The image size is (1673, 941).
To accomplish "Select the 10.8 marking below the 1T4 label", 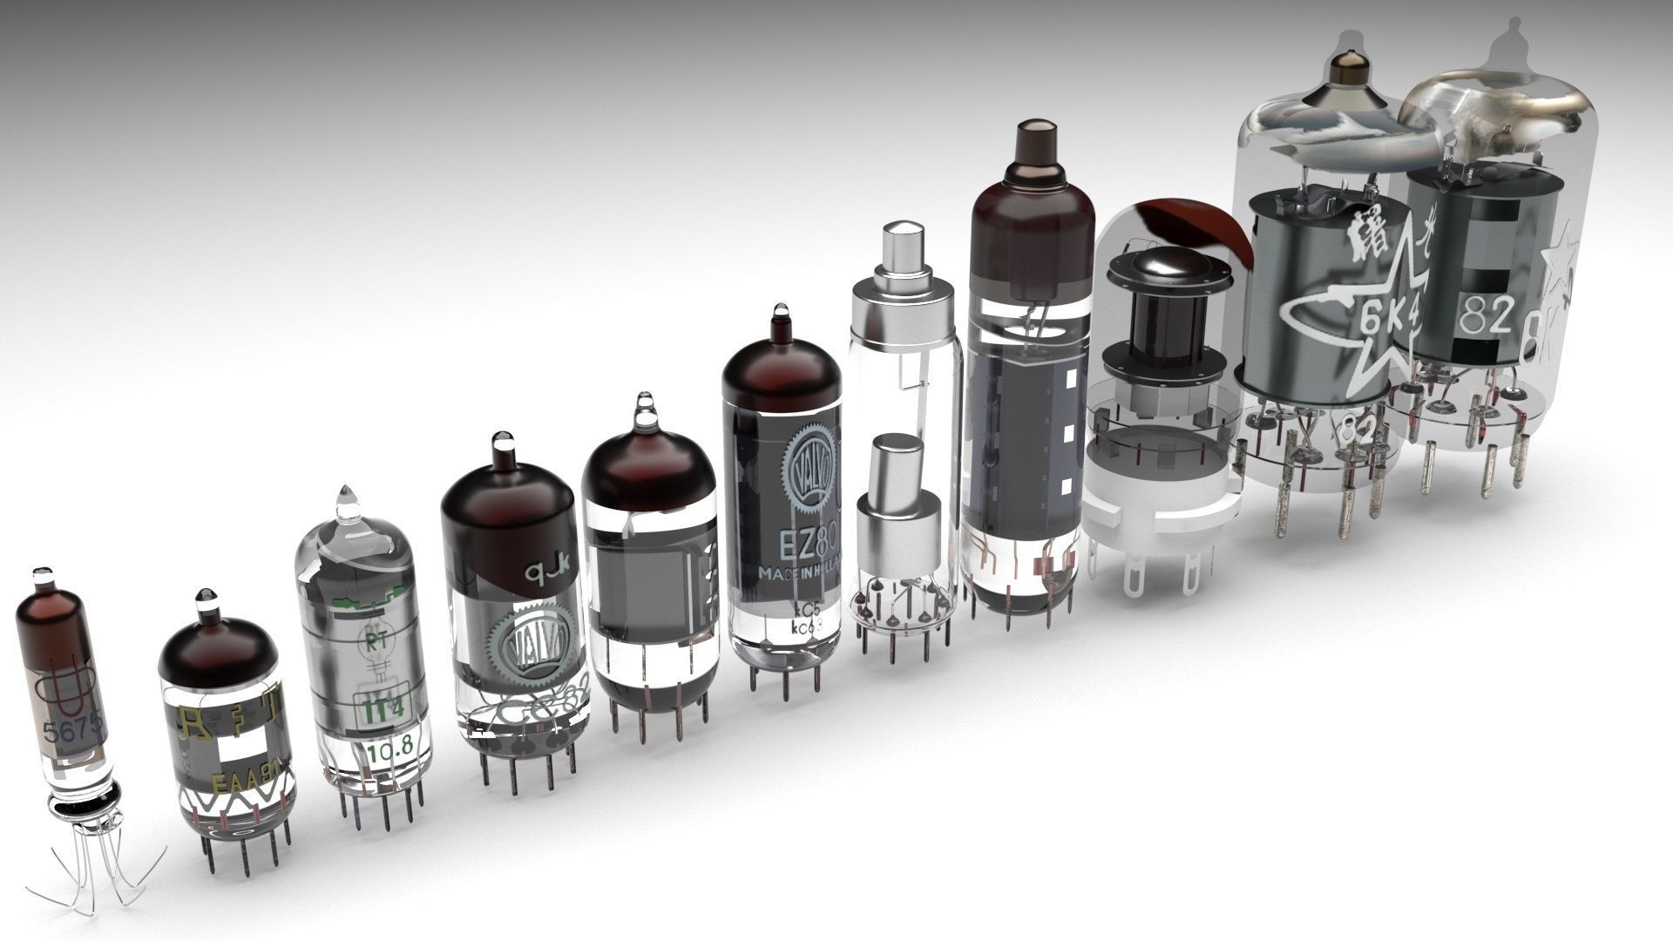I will (384, 750).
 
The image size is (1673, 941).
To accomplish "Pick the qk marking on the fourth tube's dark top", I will (545, 572).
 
